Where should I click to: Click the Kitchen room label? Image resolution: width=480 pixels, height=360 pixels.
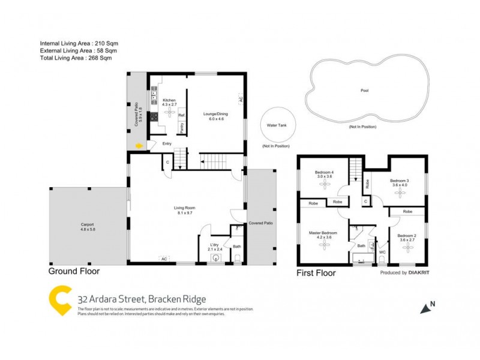pos(169,101)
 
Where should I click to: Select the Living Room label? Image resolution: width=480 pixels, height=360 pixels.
pos(186,208)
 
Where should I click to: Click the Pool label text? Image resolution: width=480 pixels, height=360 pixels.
pos(364,91)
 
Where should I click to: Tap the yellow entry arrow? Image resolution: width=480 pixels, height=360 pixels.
pos(139,145)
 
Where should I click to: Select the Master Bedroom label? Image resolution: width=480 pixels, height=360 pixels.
pos(323,233)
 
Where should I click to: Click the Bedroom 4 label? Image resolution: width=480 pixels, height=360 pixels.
pos(324,173)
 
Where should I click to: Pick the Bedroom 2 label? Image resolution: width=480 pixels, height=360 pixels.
pos(407,235)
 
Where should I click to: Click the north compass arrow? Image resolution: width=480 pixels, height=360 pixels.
pos(427,308)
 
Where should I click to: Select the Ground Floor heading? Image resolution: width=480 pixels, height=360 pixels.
pos(74,271)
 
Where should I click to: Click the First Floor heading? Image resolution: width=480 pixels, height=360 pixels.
pos(316,272)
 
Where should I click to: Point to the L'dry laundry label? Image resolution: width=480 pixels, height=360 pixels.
pos(214,245)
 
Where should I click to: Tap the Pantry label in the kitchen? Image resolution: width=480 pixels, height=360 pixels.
pos(181,127)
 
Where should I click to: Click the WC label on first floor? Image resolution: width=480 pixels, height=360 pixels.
pos(382,252)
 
